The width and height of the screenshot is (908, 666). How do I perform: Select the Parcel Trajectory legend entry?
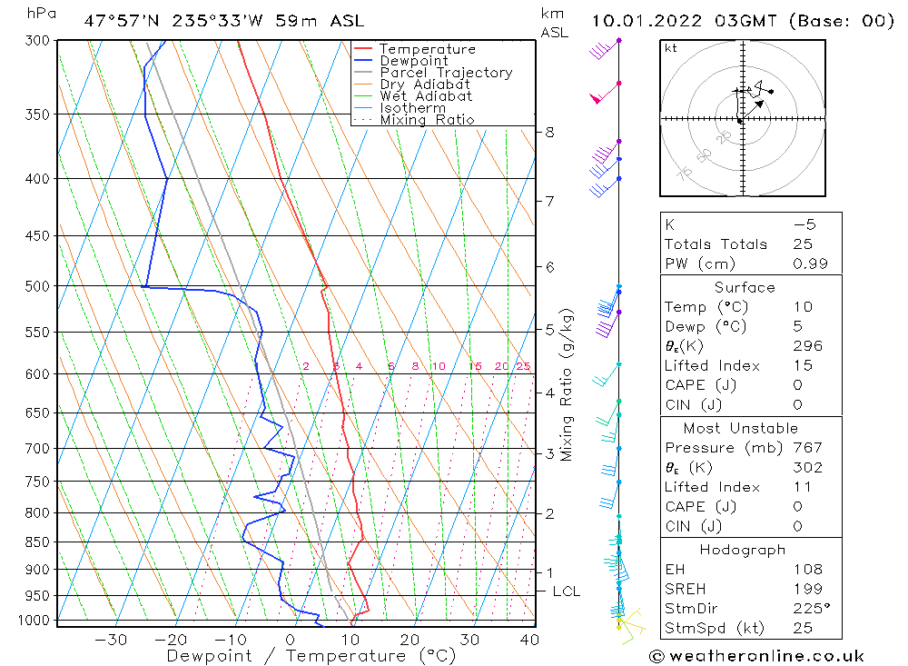(446, 73)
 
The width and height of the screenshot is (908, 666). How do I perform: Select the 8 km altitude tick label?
(549, 132)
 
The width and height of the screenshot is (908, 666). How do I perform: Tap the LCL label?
(566, 591)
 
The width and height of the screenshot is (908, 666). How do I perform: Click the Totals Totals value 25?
(802, 244)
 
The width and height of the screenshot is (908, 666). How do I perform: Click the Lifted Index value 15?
(802, 365)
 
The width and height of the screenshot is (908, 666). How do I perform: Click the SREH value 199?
(805, 590)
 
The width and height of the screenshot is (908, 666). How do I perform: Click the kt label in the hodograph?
(670, 49)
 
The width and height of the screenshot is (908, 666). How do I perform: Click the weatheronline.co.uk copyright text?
(756, 656)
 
